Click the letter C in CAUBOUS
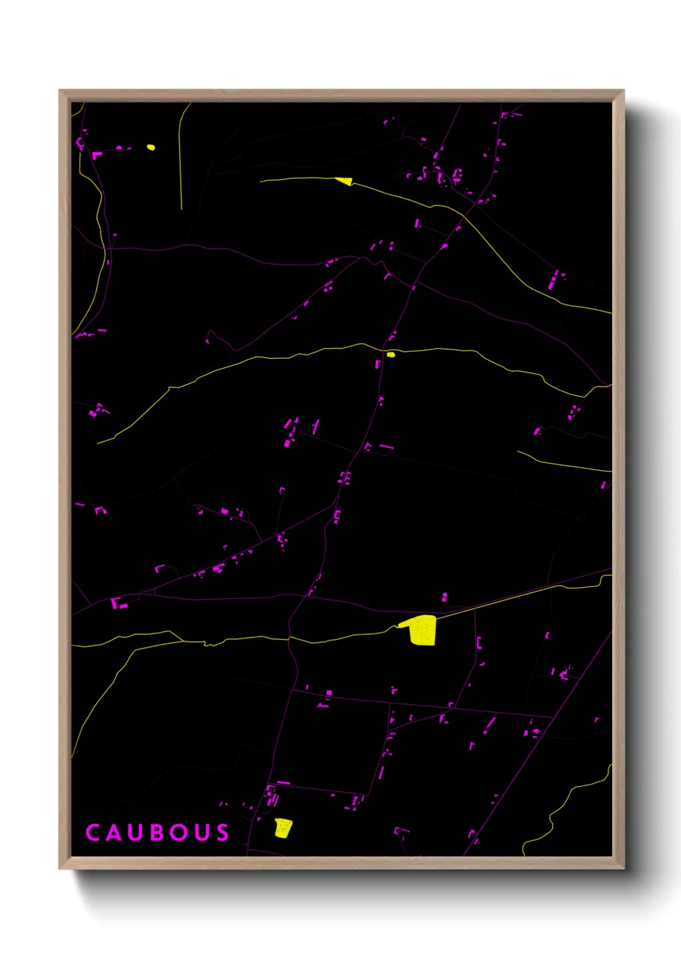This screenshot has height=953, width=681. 93,833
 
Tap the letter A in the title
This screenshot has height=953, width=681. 114,833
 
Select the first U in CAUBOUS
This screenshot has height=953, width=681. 135,833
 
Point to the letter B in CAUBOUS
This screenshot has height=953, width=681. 156,833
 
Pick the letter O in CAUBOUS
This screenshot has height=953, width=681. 179,833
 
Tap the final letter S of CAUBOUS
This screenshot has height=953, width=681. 223,833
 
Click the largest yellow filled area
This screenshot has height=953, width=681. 422,630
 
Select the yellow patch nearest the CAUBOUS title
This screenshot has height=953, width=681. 283,827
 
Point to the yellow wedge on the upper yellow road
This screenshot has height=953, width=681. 345,182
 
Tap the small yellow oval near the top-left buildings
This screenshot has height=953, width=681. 151,147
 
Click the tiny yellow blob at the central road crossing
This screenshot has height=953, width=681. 391,354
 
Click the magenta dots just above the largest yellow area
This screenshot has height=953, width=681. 444,598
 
